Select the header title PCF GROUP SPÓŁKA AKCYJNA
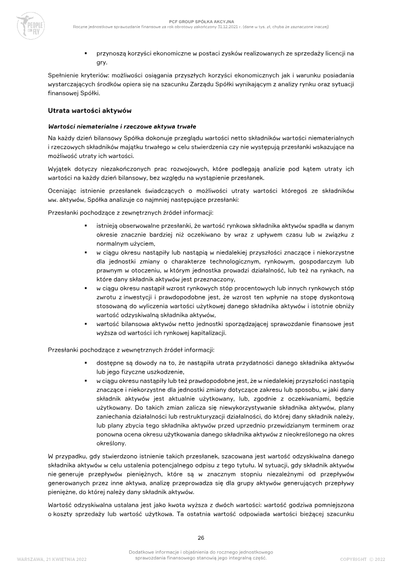coord(201,22)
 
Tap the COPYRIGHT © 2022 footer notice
coord(362,559)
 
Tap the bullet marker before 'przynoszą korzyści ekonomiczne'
coord(86,53)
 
